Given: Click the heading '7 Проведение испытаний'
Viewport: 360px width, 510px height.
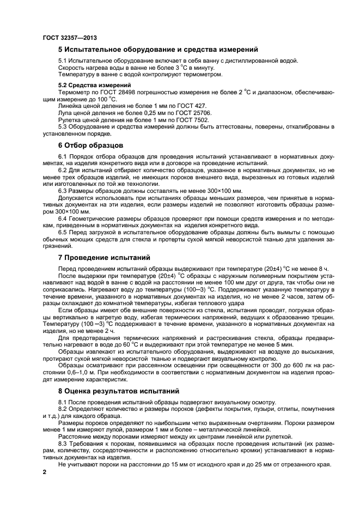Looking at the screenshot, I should (105, 257).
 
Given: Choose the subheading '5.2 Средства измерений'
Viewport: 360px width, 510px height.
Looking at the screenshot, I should (94, 86).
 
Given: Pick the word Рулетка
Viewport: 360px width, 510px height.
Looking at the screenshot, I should (71, 120).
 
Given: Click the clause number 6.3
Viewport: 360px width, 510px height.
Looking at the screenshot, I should (64, 191).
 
